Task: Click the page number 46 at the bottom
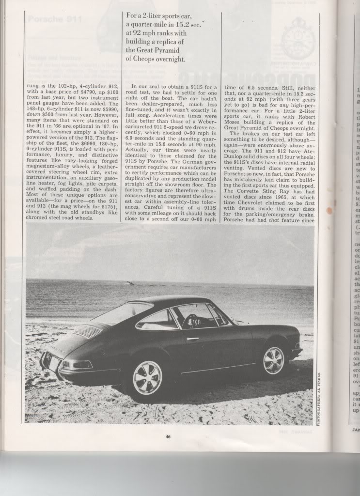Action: pos(167,437)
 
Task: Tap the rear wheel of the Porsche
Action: pos(147,377)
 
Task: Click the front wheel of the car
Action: pos(273,360)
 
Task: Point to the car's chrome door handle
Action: pos(192,339)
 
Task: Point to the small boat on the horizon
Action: pos(128,283)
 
